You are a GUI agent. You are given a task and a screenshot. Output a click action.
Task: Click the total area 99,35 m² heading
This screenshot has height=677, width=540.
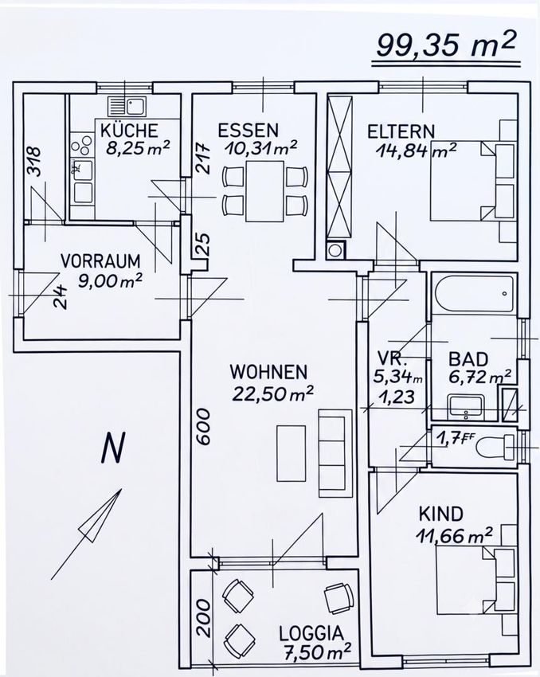point(445,45)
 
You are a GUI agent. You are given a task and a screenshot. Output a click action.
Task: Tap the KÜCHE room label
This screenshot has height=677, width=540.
point(130,131)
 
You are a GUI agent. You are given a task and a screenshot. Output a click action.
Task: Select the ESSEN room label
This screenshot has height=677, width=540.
point(248,131)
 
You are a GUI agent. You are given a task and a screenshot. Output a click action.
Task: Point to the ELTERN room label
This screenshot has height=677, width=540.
point(401,131)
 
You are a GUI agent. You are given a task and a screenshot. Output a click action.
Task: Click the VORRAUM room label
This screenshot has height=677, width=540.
point(100,261)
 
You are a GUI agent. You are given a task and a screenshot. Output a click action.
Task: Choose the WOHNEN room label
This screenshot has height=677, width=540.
point(268,372)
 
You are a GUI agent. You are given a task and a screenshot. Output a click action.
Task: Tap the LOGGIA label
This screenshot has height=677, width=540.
point(311,633)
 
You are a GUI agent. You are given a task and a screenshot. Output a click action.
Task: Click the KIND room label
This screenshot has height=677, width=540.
point(440,515)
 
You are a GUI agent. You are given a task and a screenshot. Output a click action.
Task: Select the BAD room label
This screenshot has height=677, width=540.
point(468,359)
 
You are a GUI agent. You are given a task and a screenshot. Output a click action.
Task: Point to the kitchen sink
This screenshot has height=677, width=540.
point(127,106)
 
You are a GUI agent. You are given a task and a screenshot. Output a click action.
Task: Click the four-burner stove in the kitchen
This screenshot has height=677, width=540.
point(81,145)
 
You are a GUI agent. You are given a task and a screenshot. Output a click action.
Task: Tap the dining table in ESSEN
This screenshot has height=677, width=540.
point(264,191)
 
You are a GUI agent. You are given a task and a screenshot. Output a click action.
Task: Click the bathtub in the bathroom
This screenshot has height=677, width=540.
point(474,294)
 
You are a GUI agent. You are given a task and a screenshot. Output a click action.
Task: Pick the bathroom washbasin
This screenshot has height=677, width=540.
point(467,406)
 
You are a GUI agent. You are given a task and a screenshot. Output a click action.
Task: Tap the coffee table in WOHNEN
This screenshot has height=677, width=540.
point(291,453)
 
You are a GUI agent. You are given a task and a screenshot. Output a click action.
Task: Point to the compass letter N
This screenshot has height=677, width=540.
point(112,448)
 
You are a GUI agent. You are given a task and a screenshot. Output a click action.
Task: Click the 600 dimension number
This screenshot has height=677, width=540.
point(203,426)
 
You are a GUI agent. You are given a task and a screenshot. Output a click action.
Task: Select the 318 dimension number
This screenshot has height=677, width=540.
point(33,162)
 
